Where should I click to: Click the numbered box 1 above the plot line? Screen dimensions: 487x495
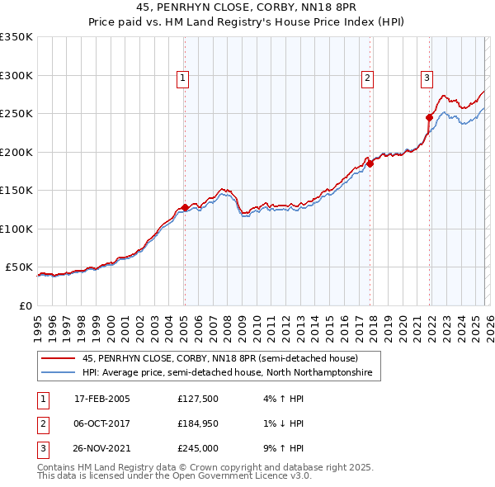pyautogui.click(x=182, y=78)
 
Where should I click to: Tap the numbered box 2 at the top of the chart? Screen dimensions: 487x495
pyautogui.click(x=367, y=78)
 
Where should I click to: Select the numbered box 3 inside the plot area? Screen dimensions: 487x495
pyautogui.click(x=427, y=78)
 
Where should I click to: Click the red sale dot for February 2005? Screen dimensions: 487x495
pyautogui.click(x=184, y=208)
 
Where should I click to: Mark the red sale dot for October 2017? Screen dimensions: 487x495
pyautogui.click(x=370, y=163)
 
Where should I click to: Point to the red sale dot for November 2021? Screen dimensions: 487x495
pyautogui.click(x=430, y=117)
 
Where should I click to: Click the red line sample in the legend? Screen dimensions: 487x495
pyautogui.click(x=58, y=359)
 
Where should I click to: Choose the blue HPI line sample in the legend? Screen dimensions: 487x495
pyautogui.click(x=58, y=373)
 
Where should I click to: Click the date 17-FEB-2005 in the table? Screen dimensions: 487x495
pyautogui.click(x=101, y=399)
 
